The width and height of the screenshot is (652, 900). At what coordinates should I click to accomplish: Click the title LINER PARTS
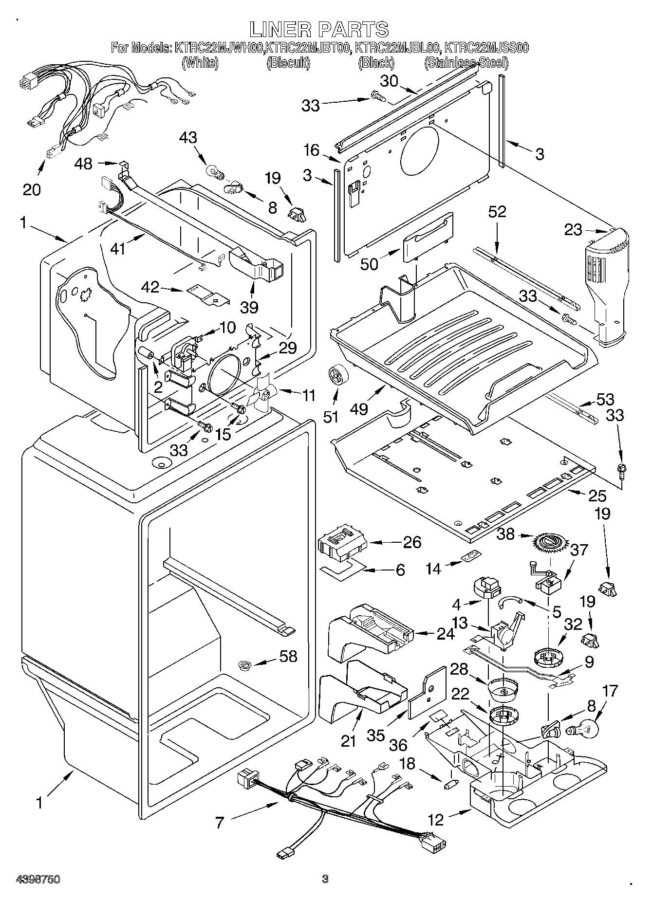pyautogui.click(x=319, y=30)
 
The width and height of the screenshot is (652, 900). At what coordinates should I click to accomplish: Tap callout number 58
pyautogui.click(x=288, y=656)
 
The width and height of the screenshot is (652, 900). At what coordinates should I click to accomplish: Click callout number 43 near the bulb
pyautogui.click(x=188, y=138)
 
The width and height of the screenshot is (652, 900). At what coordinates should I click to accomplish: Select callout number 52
pyautogui.click(x=497, y=212)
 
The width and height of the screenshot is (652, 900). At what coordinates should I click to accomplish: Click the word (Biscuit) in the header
pyautogui.click(x=288, y=63)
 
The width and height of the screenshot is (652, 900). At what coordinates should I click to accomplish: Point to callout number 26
pyautogui.click(x=412, y=542)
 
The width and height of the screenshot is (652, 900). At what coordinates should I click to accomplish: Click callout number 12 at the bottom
pyautogui.click(x=436, y=820)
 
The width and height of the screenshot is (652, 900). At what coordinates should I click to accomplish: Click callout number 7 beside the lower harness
pyautogui.click(x=219, y=822)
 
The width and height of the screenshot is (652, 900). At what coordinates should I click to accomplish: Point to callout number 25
pyautogui.click(x=597, y=496)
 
